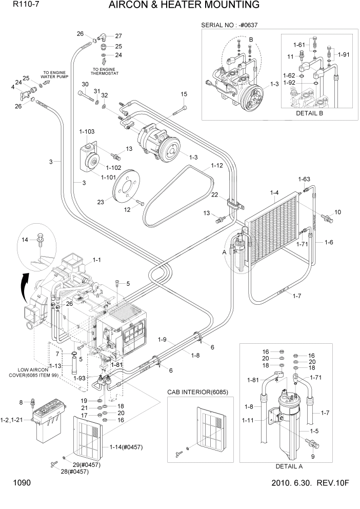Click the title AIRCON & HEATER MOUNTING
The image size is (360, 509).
[x=184, y=6]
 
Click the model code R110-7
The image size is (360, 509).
[x=23, y=5]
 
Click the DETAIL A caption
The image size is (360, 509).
[x=289, y=466]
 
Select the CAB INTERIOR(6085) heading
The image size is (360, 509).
[x=197, y=392]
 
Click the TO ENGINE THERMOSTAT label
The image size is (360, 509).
[x=105, y=71]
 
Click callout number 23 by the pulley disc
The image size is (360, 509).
[x=101, y=202]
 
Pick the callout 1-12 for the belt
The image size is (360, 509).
[x=216, y=166]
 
